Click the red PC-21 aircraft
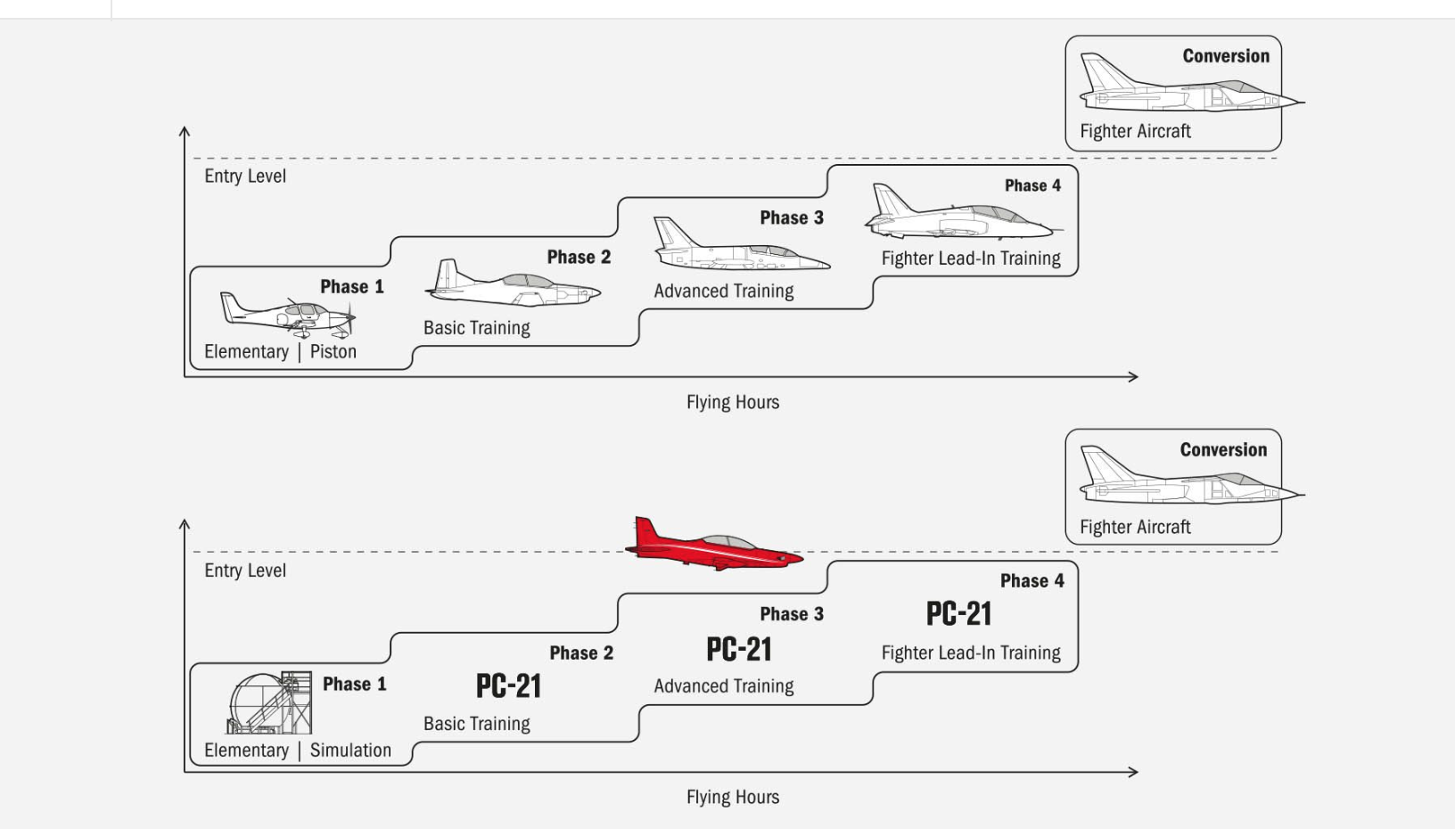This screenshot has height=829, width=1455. tap(713, 546)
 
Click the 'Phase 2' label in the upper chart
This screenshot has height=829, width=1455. tap(579, 257)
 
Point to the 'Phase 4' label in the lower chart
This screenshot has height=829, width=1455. tap(1032, 580)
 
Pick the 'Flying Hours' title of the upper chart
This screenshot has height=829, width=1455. tap(732, 402)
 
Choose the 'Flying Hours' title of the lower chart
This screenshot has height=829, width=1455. tap(732, 797)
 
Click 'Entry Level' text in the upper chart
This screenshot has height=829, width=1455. tap(244, 176)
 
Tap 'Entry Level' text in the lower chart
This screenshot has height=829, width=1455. tap(244, 570)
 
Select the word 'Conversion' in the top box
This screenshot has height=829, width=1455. tap(1225, 56)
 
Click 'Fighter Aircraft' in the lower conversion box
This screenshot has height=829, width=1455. tap(1135, 527)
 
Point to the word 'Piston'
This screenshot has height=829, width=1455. tap(333, 351)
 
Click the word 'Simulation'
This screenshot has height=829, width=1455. tap(350, 750)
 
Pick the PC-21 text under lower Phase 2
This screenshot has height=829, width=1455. tap(508, 685)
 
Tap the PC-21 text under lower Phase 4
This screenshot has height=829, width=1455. tap(958, 613)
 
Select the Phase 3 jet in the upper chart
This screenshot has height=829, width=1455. tap(740, 248)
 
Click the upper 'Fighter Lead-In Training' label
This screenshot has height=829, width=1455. tap(971, 259)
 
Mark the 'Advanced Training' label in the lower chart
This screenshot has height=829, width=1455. tap(723, 685)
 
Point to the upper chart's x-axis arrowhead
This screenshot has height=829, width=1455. tap(1134, 376)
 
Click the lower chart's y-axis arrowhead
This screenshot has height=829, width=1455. tap(185, 524)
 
